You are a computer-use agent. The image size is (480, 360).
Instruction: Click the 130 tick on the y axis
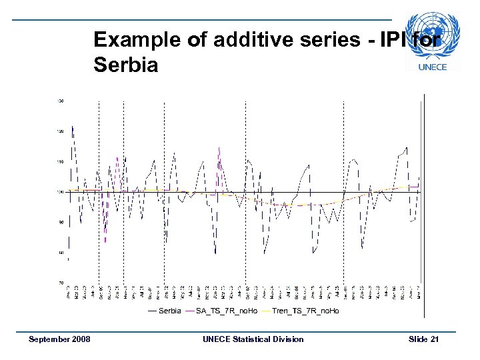click(x=60, y=101)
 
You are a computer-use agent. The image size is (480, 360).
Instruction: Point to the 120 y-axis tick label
click(x=60, y=131)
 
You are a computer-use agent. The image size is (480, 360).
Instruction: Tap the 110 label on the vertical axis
click(x=60, y=162)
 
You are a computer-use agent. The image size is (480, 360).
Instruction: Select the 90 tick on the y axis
click(x=60, y=222)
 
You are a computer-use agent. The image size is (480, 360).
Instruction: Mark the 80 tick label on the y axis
click(x=60, y=253)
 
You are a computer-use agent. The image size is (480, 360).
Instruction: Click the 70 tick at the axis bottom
click(x=60, y=283)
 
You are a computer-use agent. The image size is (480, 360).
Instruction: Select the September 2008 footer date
click(x=59, y=339)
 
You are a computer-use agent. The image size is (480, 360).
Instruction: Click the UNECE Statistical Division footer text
click(x=253, y=339)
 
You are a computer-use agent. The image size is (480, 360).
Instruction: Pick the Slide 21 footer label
click(x=423, y=339)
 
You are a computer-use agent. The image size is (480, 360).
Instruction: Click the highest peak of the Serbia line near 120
click(x=72, y=126)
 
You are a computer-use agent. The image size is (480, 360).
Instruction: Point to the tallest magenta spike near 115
click(x=219, y=148)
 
